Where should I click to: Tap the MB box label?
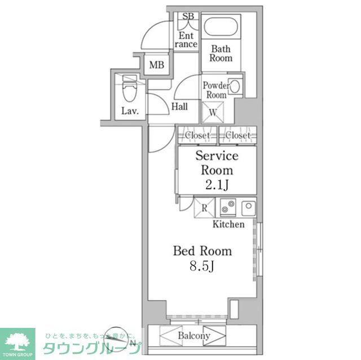click(x=157, y=65)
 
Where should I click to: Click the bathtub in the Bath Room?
click(x=221, y=29)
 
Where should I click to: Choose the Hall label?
click(x=179, y=106)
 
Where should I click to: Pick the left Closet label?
click(x=197, y=136)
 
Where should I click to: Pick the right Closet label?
click(x=237, y=136)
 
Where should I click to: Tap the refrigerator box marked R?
click(x=204, y=207)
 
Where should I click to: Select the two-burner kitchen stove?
click(x=228, y=207)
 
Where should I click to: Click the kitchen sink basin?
click(x=249, y=207)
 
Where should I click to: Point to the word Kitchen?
click(x=228, y=224)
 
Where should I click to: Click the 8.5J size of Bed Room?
click(x=201, y=266)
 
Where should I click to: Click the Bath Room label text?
click(x=221, y=54)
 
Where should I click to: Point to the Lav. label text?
click(x=130, y=110)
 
